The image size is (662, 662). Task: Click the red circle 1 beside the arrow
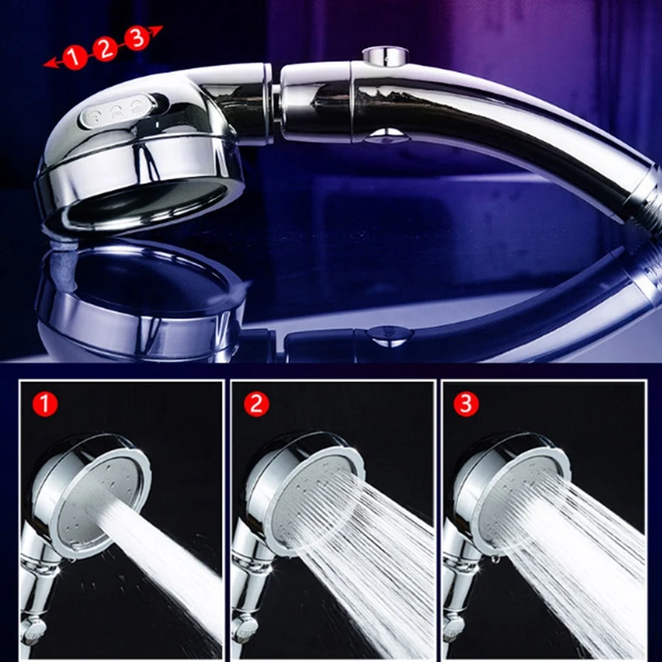tap(76, 56)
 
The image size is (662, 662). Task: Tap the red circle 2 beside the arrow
tap(105, 48)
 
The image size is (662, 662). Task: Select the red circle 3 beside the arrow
tap(136, 38)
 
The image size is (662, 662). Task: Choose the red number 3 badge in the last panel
tap(466, 405)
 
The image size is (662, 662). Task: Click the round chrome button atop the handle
tap(383, 56)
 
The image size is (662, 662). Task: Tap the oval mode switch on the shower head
tap(118, 113)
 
